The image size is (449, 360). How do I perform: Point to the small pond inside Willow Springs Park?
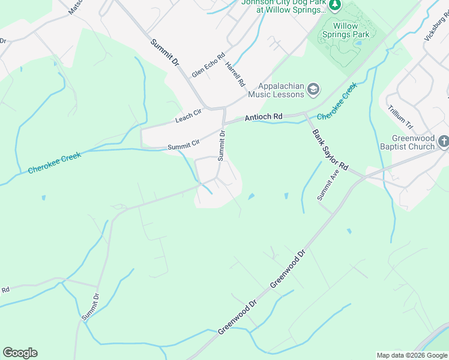point(358,43)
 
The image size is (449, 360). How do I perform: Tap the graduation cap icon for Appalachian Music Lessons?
point(313,90)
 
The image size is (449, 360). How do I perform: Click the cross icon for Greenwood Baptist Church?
point(444,142)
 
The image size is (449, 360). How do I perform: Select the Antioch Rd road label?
point(263,118)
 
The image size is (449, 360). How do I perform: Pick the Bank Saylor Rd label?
point(330,149)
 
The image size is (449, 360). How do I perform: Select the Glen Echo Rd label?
point(208,65)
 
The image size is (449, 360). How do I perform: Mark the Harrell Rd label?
point(235,74)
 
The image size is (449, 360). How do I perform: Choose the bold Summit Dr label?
point(164,52)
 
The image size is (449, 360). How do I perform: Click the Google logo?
point(20,353)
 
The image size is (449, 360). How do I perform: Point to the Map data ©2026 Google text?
point(412,355)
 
